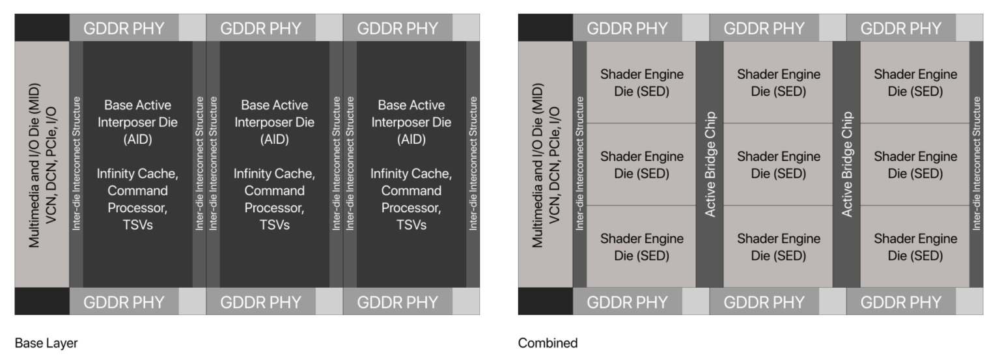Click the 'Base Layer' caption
pos(46,343)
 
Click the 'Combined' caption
pos(548,343)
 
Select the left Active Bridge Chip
pos(710,165)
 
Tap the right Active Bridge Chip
pos(846,165)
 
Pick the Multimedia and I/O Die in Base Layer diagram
pos(42,165)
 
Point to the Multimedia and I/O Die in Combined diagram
pos(546,165)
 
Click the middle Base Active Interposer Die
pos(274,165)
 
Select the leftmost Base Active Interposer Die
pos(137,165)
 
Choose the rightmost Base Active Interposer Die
pos(411,165)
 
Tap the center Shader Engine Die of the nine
pos(778,165)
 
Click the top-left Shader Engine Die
pos(641,83)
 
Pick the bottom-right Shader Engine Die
pos(915,247)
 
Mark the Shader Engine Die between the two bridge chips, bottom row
pos(778,247)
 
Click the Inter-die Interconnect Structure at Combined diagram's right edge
pos(976,165)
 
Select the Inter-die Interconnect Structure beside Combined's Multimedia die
pos(579,165)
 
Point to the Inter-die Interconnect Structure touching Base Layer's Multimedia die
pos(76,165)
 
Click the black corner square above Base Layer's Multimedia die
pos(42,28)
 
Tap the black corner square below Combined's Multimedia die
pos(546,301)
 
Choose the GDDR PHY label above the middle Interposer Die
pos(261,28)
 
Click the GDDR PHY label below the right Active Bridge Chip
pos(901,302)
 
